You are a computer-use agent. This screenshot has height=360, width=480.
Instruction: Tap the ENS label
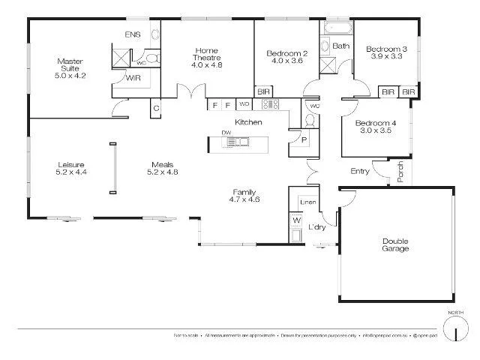pyautogui.click(x=132, y=34)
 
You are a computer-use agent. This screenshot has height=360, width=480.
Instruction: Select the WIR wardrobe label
pyautogui.click(x=134, y=77)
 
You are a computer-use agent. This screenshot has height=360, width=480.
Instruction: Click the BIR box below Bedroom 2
pyautogui.click(x=264, y=91)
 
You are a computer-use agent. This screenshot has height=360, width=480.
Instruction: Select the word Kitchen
pyautogui.click(x=248, y=121)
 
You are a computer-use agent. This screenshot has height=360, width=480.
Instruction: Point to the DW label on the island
pyautogui.click(x=226, y=133)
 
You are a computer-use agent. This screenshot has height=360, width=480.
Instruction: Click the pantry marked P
pyautogui.click(x=304, y=139)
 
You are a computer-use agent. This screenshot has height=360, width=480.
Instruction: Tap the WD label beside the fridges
pyautogui.click(x=244, y=104)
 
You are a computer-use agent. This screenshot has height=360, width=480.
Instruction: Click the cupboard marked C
pyautogui.click(x=157, y=108)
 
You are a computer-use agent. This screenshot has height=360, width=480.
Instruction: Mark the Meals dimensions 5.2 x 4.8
pyautogui.click(x=163, y=172)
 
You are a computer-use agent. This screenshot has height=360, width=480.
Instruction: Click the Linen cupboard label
pyautogui.click(x=307, y=202)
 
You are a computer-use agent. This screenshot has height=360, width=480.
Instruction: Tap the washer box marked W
pyautogui.click(x=295, y=220)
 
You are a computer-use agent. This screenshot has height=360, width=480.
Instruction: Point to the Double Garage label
pyautogui.click(x=395, y=244)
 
